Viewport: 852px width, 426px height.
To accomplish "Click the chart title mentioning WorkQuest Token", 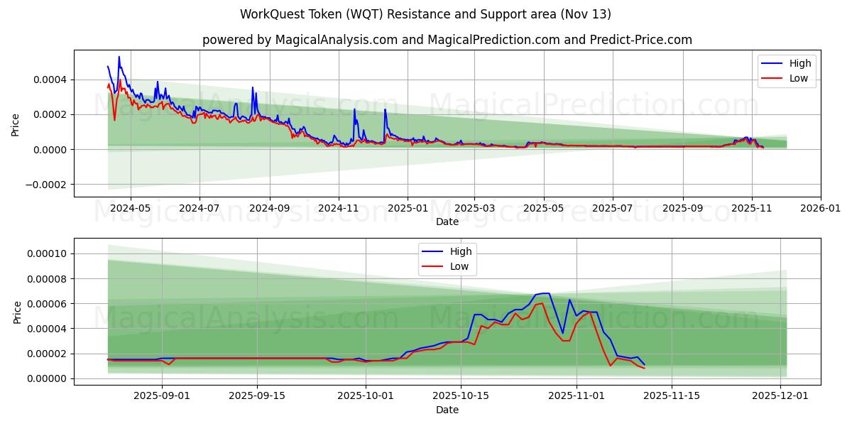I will (425, 14).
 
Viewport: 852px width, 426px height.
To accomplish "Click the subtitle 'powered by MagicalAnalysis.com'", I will (447, 40).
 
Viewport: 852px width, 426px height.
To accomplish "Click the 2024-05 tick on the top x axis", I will (130, 209).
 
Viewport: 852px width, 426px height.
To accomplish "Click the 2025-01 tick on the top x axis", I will (408, 209).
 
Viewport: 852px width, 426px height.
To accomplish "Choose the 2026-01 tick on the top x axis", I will (821, 209).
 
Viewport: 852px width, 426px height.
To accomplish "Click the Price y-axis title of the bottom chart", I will (17, 312).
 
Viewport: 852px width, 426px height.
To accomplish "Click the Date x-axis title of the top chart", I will (447, 222).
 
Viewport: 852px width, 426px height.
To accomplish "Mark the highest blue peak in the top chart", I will (119, 57).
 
